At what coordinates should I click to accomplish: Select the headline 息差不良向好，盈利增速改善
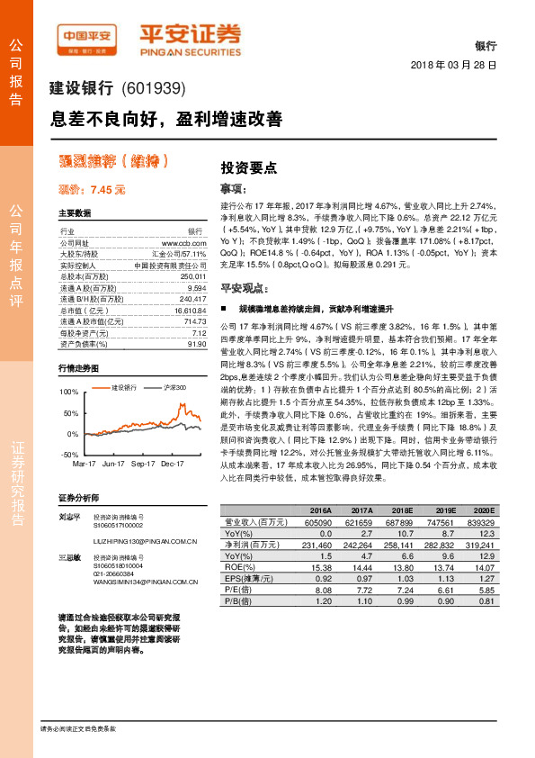(x=165, y=119)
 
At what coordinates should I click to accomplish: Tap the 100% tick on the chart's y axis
(x=68, y=393)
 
